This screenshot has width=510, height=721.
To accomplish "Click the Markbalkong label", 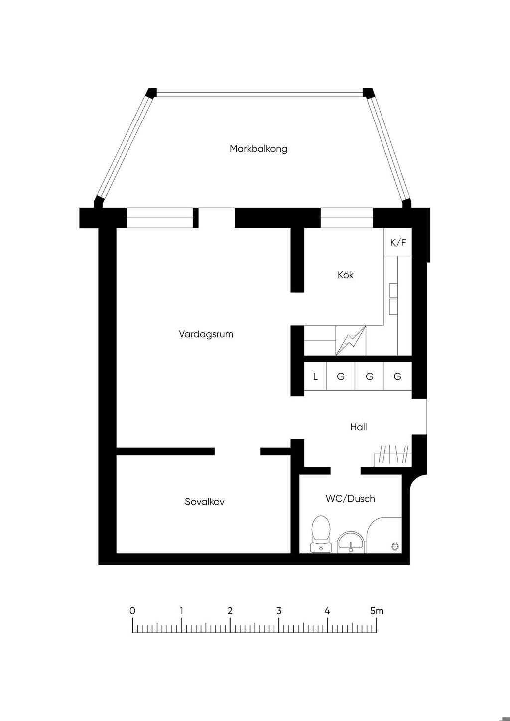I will tap(258, 149).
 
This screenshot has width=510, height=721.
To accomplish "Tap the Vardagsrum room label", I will tap(206, 334).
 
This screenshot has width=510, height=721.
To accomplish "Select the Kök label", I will tap(345, 275).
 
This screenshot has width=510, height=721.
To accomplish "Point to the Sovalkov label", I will tap(204, 502).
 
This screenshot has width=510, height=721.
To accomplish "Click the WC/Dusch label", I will tap(350, 499).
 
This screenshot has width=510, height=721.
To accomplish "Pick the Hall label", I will tap(358, 427).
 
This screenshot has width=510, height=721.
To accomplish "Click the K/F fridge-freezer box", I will tap(398, 243).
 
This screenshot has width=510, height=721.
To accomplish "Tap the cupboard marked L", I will tap(315, 377).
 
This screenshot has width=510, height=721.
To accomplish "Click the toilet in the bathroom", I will tap(320, 533).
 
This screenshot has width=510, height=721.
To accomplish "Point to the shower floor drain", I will tap(395, 546).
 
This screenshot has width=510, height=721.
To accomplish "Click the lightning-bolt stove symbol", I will tap(351, 341).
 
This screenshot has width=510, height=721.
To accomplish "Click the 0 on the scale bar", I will tap(132, 611).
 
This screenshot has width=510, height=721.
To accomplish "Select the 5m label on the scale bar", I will tap(377, 611).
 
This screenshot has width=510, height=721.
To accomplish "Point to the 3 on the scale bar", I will tap(279, 611).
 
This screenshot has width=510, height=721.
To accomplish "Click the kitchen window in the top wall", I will tap(346, 218).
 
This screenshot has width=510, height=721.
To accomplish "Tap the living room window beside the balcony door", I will tap(159, 218).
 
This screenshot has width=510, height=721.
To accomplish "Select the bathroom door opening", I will tap(345, 470).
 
